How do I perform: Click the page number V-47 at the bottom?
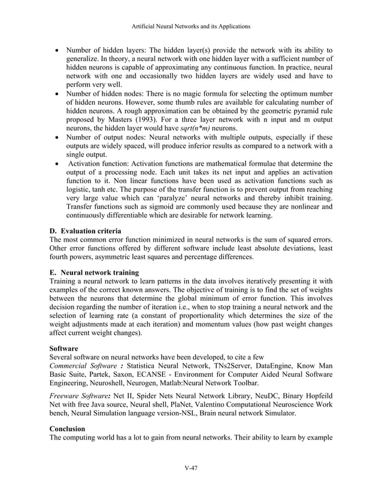click(x=191, y=467)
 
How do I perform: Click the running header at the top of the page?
click(x=191, y=26)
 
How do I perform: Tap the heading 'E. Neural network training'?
click(x=94, y=272)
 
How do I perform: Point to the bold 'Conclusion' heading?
click(x=68, y=429)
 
